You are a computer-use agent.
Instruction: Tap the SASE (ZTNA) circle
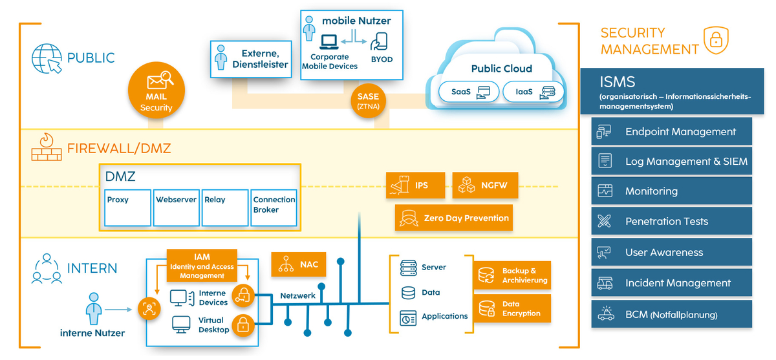(368, 101)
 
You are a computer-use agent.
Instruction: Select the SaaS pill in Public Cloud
(466, 92)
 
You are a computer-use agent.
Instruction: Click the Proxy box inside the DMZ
(127, 207)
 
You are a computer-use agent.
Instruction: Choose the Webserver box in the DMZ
(176, 207)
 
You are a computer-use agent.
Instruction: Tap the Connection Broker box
(274, 207)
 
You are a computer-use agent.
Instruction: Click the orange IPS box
(416, 185)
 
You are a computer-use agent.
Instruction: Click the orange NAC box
(299, 264)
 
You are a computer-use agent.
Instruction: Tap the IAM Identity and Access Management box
(202, 266)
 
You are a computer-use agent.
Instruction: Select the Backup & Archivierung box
(512, 275)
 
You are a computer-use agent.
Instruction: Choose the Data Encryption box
(512, 308)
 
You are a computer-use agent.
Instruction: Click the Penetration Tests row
(672, 222)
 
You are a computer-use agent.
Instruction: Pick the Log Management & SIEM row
(672, 162)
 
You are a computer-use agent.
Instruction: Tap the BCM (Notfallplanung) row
(672, 315)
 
